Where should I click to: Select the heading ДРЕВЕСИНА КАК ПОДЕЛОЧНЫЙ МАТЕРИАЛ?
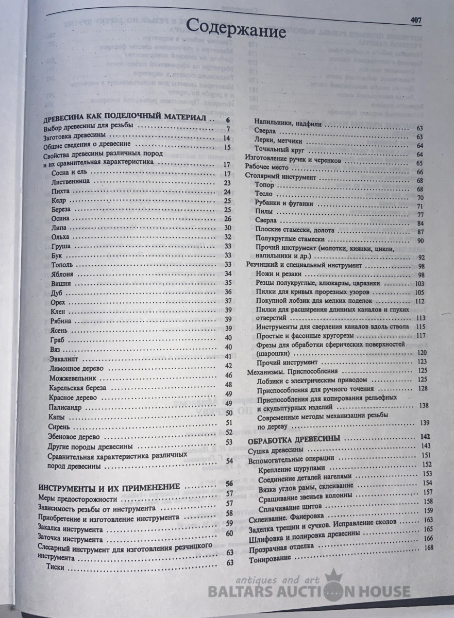[x=126, y=118]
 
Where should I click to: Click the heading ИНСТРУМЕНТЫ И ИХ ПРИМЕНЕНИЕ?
[x=110, y=486]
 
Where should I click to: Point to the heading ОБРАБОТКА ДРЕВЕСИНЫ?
[x=293, y=439]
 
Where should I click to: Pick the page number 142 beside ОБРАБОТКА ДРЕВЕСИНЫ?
[x=425, y=438]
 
